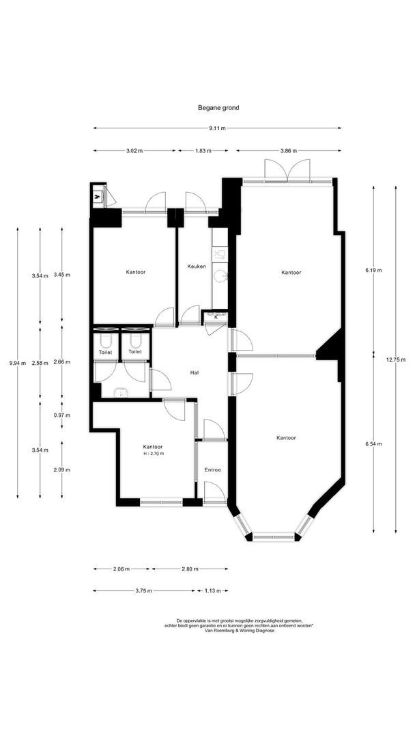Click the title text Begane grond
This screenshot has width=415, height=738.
coord(218,108)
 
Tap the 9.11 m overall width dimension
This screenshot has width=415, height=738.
coord(218,128)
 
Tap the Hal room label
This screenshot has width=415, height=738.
coord(194,372)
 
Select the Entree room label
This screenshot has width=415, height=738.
coord(213,469)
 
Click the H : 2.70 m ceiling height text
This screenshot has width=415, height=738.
coord(154,454)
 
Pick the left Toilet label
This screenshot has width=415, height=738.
coord(105,352)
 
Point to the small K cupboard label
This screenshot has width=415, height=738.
coord(216,317)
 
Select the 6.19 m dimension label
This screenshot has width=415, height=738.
coord(373,270)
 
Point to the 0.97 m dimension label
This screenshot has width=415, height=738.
coord(62,415)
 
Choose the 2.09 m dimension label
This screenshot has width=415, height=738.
coord(62,469)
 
